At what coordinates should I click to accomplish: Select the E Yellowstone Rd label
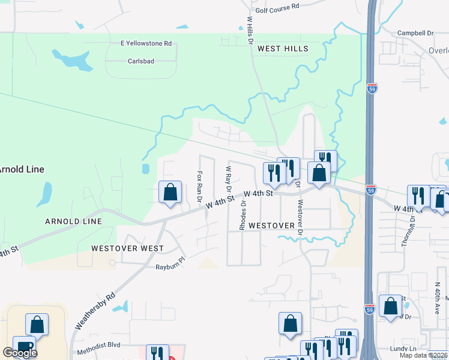pyautogui.click(x=146, y=43)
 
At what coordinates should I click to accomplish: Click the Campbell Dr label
pyautogui.click(x=415, y=33)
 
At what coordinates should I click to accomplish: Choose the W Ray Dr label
pyautogui.click(x=228, y=178)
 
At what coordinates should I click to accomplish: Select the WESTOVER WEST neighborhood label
pyautogui.click(x=127, y=248)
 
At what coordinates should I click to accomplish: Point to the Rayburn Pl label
pyautogui.click(x=171, y=266)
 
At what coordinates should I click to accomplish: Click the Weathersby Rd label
pyautogui.click(x=95, y=310)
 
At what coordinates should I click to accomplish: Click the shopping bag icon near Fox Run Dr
pyautogui.click(x=170, y=193)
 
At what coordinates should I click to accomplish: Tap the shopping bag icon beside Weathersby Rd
pyautogui.click(x=37, y=325)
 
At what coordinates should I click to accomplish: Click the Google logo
pyautogui.click(x=20, y=353)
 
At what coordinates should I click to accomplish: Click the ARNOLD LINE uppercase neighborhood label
pyautogui.click(x=73, y=221)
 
